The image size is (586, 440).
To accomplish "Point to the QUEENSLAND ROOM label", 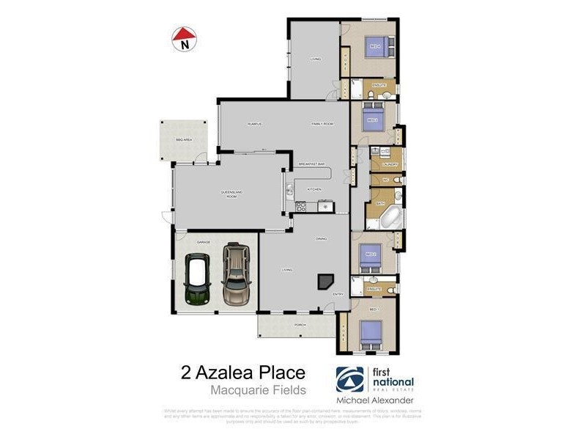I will pos(229,194).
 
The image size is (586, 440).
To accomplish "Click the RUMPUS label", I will pos(254,124).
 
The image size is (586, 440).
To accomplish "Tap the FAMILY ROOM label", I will pos(322,124).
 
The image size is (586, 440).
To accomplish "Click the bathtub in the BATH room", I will pos(390,217).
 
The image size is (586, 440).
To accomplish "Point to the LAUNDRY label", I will pos(389,164).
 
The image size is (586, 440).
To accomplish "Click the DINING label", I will pos(321,239).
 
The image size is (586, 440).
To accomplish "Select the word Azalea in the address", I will pos(245,373).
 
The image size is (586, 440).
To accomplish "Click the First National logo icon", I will pos(349,380).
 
